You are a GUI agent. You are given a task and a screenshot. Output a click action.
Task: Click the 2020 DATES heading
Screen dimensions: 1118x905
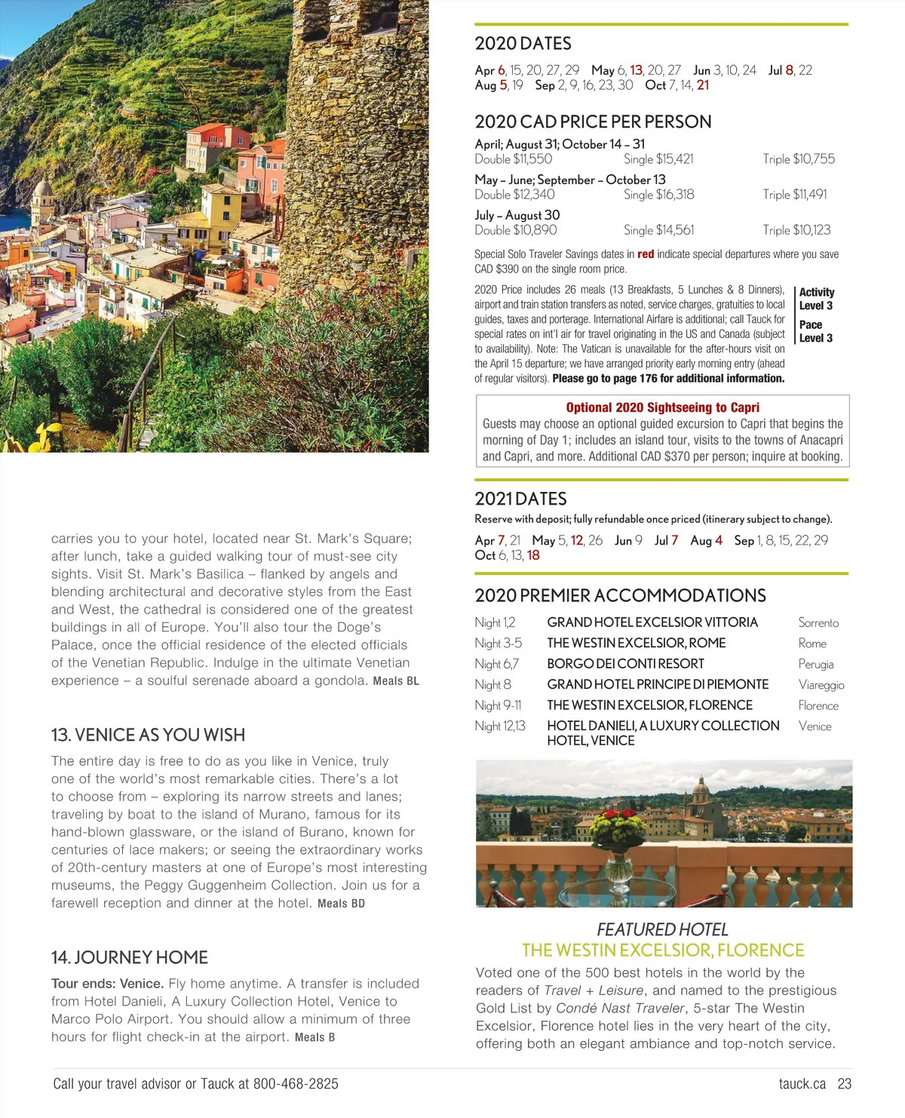[x=523, y=44]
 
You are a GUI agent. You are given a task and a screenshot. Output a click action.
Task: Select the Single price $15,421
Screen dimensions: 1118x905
[x=658, y=159]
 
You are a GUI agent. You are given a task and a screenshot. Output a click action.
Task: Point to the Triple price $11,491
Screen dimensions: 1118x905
[x=795, y=195]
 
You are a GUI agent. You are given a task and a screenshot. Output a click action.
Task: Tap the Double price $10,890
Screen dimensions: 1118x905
[x=516, y=230]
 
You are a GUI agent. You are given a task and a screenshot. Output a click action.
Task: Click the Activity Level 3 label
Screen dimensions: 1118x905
[x=816, y=299]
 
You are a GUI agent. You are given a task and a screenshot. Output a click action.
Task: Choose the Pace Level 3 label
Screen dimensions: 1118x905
[x=815, y=331]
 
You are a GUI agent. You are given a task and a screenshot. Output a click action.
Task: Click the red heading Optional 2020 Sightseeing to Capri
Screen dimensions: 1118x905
[x=662, y=407]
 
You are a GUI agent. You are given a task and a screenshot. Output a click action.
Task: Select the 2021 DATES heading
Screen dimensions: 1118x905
[x=520, y=499]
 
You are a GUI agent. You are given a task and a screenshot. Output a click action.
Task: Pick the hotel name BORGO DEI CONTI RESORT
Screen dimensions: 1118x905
[x=625, y=664]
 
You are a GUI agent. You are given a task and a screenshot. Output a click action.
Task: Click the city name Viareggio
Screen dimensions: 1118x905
[x=821, y=685]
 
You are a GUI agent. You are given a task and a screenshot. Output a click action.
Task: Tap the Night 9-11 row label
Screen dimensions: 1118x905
[x=498, y=705]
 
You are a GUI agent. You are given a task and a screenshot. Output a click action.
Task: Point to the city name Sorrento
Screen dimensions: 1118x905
[x=818, y=623]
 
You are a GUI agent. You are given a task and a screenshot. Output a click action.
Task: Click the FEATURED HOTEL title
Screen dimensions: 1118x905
[x=662, y=929]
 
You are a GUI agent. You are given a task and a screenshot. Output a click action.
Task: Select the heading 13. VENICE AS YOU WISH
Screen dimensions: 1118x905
[x=148, y=735]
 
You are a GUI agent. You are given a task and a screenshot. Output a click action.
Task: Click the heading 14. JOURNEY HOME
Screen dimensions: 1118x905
[x=129, y=957]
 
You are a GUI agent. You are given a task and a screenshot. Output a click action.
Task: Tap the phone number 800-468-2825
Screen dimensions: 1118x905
[x=296, y=1084]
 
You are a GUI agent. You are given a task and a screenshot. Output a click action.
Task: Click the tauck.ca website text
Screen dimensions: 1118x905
[x=802, y=1084]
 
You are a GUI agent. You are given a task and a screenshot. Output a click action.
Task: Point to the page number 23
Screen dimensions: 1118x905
[x=845, y=1084]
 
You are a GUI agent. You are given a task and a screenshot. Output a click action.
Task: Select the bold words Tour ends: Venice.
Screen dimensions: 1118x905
[x=107, y=984]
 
